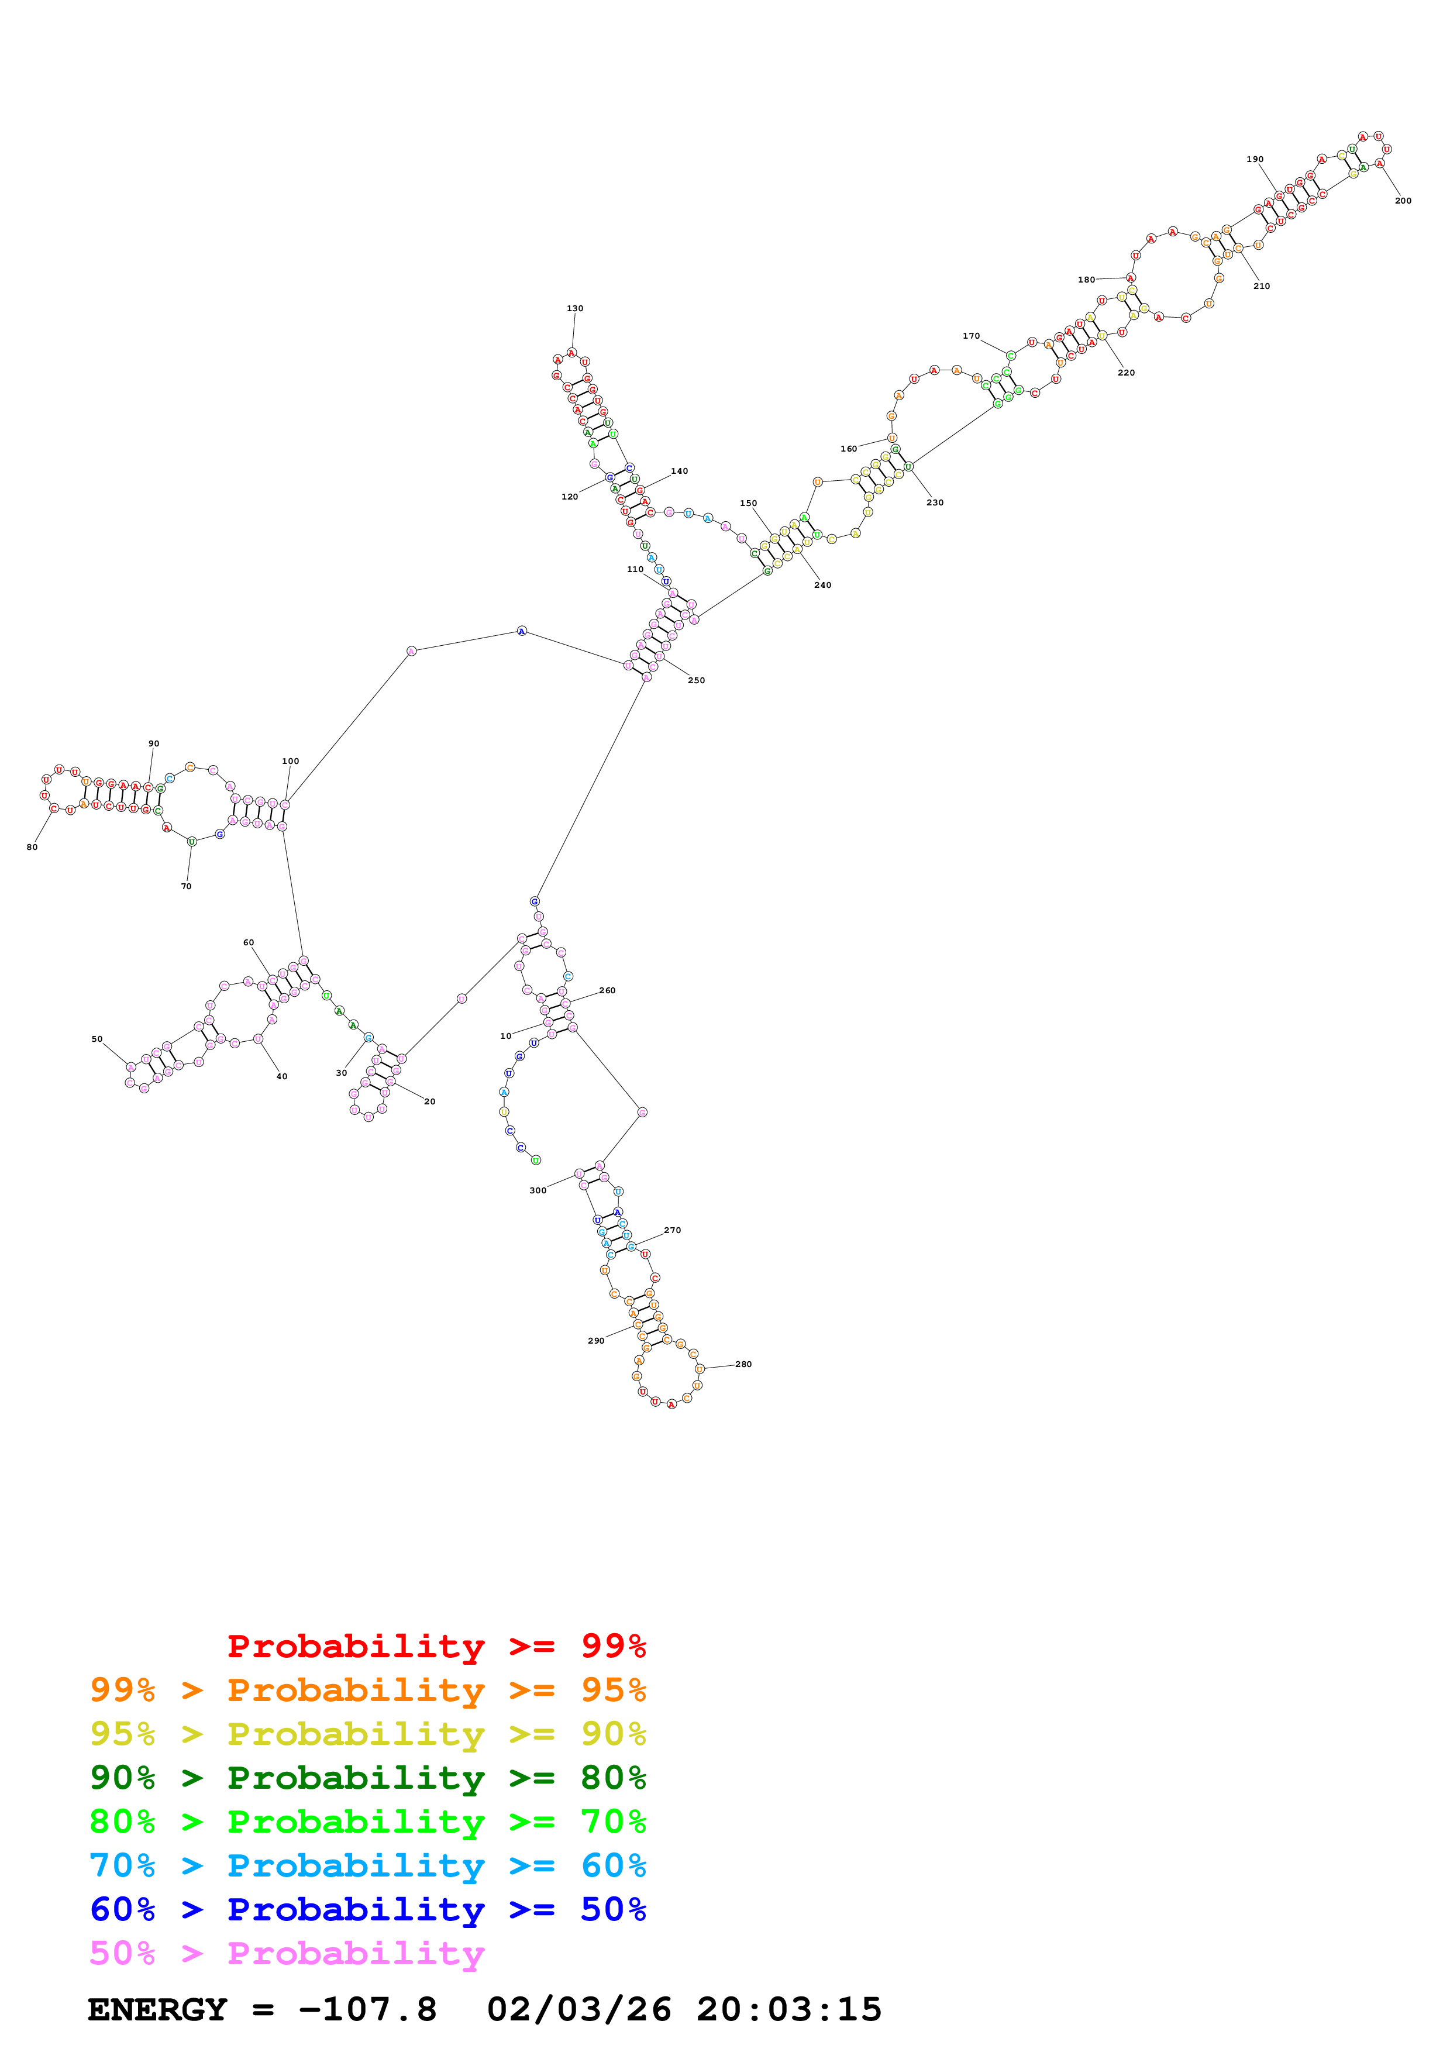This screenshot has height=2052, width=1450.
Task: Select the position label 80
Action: coord(32,847)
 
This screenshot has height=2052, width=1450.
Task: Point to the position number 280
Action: coord(743,1364)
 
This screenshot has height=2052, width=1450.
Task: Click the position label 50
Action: coord(97,1039)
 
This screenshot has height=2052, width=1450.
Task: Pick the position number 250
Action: coord(696,681)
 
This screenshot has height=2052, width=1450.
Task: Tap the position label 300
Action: coord(538,1190)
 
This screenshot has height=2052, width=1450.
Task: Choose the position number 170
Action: coord(971,336)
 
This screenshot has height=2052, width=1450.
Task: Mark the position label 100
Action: coord(290,762)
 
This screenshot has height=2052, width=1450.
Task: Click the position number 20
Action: coord(430,1102)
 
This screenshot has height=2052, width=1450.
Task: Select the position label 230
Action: coord(935,502)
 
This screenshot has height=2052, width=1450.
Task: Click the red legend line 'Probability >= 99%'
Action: coord(436,1646)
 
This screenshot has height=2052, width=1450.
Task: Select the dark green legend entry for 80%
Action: coord(367,1778)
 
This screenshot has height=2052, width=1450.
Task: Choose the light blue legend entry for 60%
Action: coord(367,1865)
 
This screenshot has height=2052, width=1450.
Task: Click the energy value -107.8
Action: coord(368,2009)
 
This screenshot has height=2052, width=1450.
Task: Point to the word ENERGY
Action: coord(157,2009)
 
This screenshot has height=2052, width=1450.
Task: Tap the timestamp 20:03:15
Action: coord(789,2009)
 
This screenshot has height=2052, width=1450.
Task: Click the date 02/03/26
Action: coord(579,2009)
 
